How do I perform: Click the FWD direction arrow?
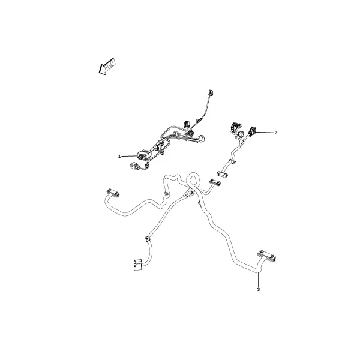point(107,66)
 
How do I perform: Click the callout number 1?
point(119,157)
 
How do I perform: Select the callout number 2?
point(276,133)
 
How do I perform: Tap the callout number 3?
point(258,290)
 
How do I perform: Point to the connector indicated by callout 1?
point(142,155)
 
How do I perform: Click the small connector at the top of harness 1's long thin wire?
point(210,92)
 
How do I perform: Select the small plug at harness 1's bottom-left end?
point(134,166)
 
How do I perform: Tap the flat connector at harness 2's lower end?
point(223,174)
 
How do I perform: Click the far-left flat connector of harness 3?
point(113,193)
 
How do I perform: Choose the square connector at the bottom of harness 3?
point(138,265)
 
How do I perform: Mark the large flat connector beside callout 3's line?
point(267,256)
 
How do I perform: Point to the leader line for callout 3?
point(259,280)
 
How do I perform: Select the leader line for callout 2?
point(265,132)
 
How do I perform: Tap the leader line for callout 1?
point(130,156)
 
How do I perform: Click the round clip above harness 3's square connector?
point(147,239)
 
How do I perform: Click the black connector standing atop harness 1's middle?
point(186,124)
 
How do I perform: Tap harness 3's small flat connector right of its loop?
point(215,182)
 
